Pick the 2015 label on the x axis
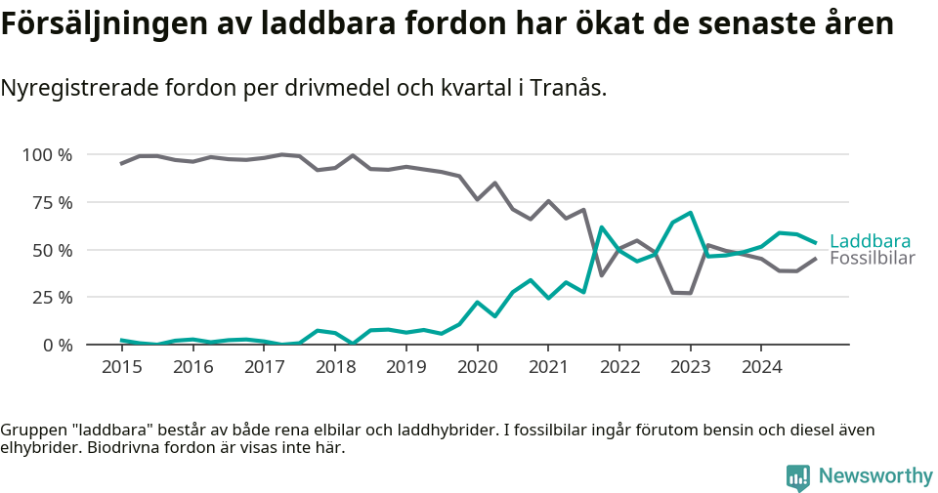(x=121, y=367)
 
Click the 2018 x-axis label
(x=335, y=367)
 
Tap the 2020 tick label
(x=477, y=367)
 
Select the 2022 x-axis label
(x=619, y=367)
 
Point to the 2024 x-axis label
(x=762, y=367)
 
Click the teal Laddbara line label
(x=870, y=241)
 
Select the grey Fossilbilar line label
(x=872, y=259)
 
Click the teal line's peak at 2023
(x=690, y=213)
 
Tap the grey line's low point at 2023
(x=690, y=293)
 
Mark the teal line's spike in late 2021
(x=602, y=227)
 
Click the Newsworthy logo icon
(x=797, y=476)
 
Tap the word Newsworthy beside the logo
(x=875, y=476)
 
